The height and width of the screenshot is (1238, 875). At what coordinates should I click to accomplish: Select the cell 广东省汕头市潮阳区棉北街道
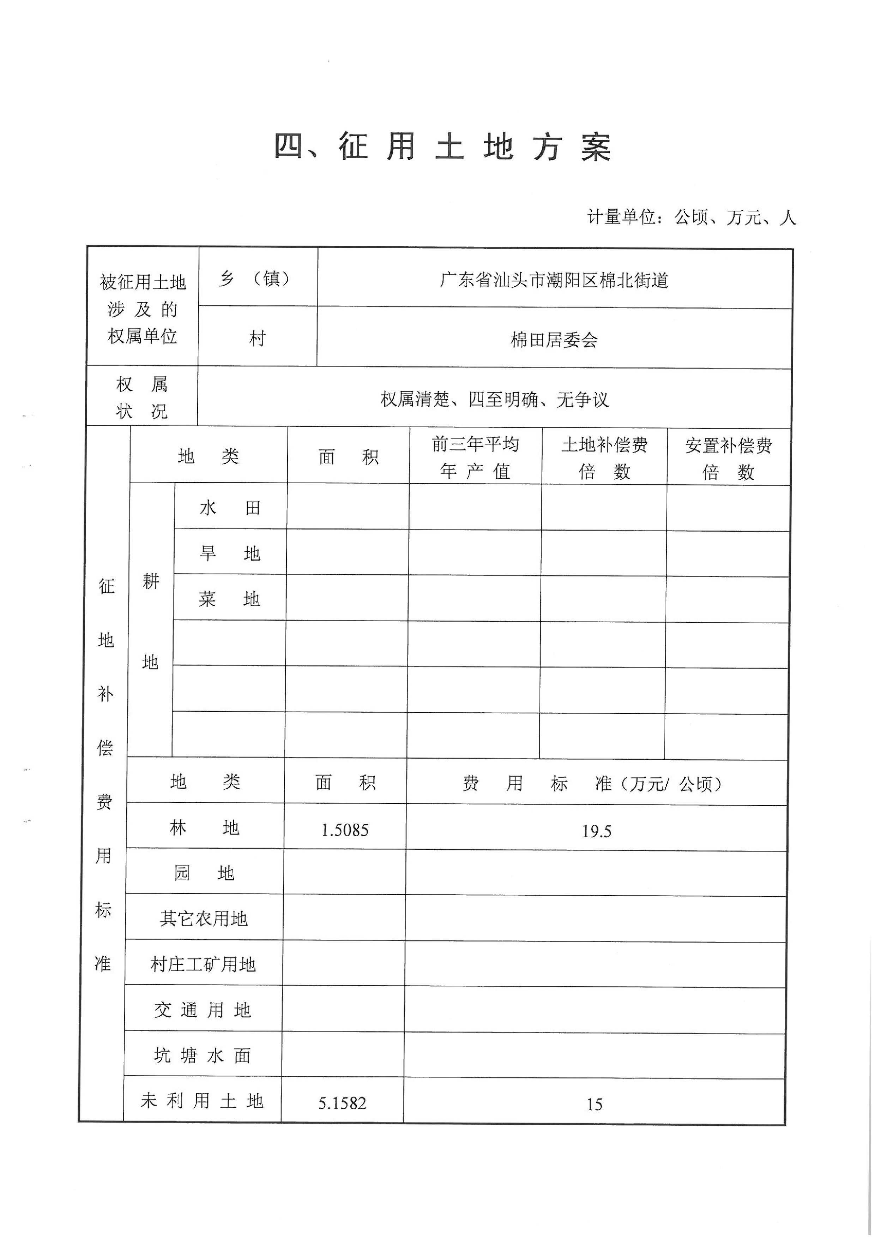click(554, 280)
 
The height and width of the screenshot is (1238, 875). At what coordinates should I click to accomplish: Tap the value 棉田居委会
click(554, 340)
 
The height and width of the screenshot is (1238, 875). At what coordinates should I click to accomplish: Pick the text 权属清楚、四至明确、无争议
click(494, 400)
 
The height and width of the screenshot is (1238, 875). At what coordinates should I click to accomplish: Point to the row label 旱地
click(230, 553)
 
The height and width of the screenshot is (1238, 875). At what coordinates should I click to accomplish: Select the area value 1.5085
click(345, 830)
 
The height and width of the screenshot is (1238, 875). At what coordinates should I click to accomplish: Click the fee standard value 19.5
click(596, 831)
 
